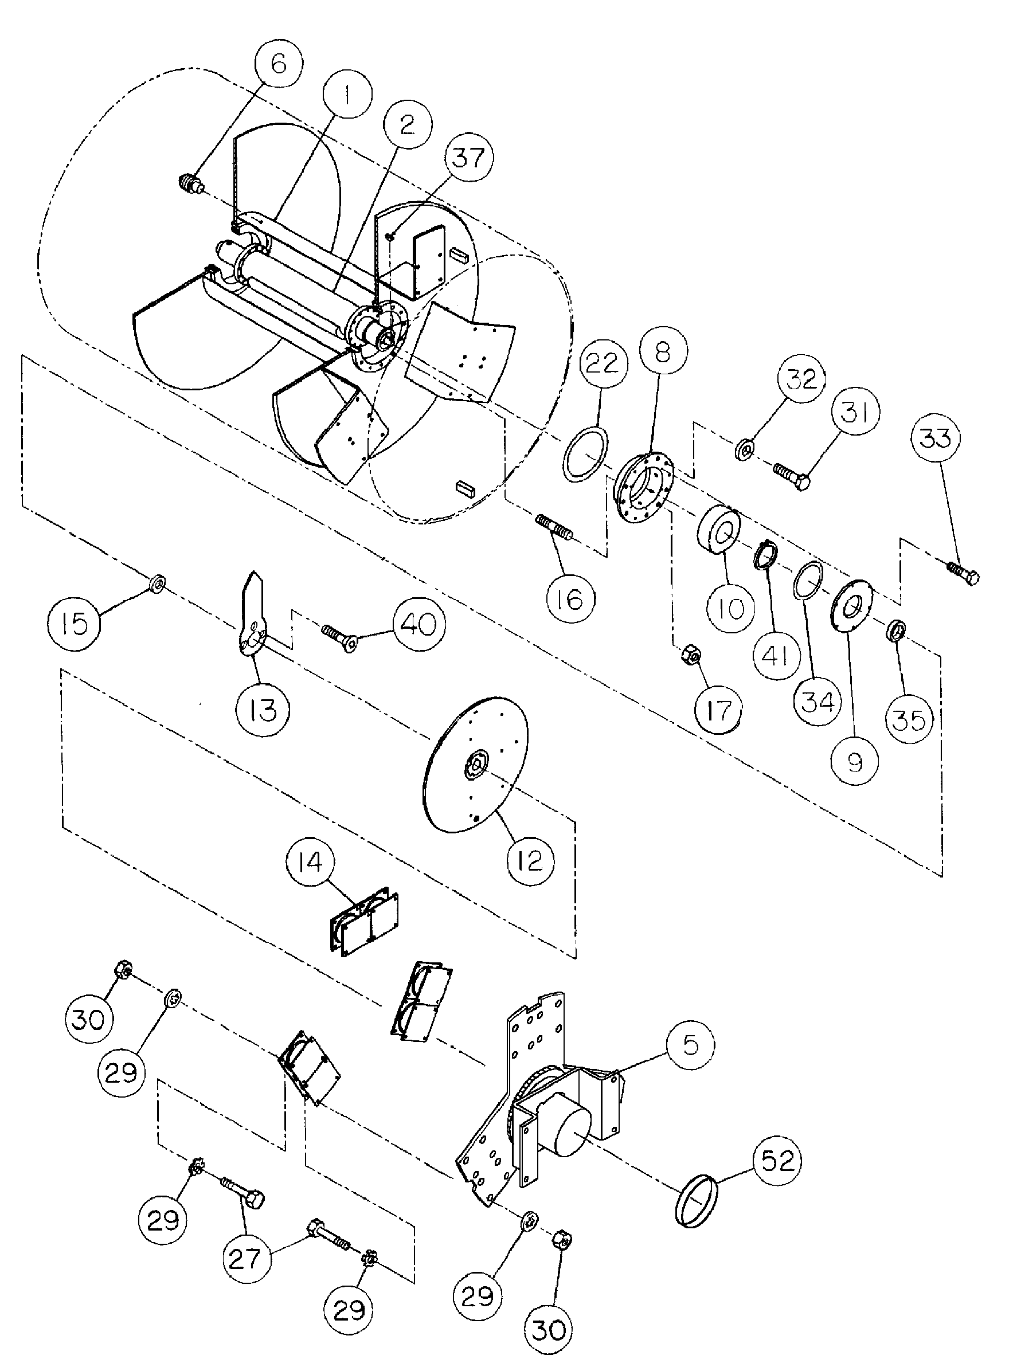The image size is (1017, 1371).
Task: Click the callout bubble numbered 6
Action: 278,64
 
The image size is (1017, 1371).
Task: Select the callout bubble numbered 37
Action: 469,158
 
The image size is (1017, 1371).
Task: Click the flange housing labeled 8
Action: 643,487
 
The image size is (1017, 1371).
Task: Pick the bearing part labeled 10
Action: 718,529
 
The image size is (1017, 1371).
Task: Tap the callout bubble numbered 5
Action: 691,1045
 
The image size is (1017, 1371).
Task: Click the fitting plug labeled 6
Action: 190,183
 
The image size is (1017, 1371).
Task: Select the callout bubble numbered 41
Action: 776,657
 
